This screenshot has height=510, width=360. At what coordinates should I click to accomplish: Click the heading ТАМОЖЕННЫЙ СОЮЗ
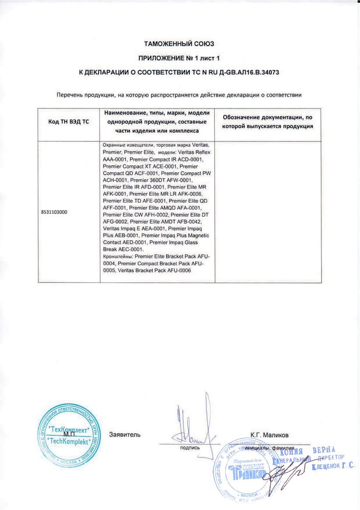coord(180,44)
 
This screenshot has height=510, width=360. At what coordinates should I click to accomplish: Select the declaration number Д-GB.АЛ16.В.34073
coord(245,71)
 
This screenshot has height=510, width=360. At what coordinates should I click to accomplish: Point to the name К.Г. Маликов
coord(269,435)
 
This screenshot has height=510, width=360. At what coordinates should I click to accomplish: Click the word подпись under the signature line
coord(190,448)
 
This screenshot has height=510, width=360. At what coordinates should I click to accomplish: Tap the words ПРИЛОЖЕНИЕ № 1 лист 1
coord(180,58)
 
